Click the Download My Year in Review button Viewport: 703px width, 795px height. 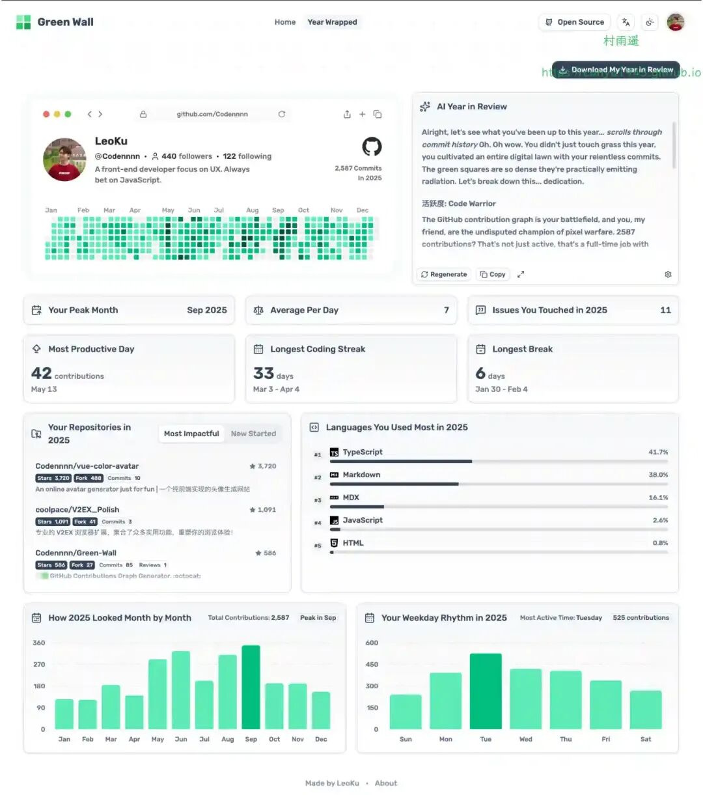[x=615, y=70]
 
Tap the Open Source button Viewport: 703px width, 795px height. [x=574, y=22]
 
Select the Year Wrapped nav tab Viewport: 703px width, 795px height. [x=332, y=22]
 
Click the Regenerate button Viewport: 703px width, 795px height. [x=444, y=274]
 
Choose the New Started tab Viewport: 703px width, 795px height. [x=253, y=434]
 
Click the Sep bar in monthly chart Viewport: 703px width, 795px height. [x=251, y=687]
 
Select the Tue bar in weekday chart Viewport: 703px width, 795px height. [x=486, y=691]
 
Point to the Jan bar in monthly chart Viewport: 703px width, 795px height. [x=64, y=714]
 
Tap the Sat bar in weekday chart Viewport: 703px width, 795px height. [x=646, y=710]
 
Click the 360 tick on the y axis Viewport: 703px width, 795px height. [x=39, y=643]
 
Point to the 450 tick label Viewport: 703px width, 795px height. [x=372, y=664]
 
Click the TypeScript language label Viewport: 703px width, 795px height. [x=363, y=452]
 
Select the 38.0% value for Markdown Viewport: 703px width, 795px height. [x=658, y=475]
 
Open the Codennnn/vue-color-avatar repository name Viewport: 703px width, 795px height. [x=87, y=466]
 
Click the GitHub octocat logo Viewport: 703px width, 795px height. [x=372, y=146]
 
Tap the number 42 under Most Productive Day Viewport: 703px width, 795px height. [x=41, y=373]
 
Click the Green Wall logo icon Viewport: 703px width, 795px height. [x=23, y=22]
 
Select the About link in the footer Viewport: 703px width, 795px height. [x=385, y=783]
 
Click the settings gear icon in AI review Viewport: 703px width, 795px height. [x=668, y=274]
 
